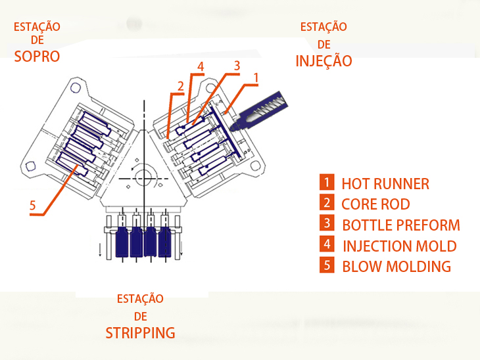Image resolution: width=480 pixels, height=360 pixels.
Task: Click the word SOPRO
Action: coord(37,56)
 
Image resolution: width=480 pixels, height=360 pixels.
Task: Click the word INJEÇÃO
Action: coord(324,61)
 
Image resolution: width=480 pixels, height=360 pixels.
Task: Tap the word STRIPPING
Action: coord(140,332)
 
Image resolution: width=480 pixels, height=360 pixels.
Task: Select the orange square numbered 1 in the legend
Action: coord(326,183)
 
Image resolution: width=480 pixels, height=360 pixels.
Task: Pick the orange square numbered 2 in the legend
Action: coord(326,203)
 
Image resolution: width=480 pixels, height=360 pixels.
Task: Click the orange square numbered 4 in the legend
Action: coord(326,245)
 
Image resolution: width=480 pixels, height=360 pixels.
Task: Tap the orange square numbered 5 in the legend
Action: coord(326,265)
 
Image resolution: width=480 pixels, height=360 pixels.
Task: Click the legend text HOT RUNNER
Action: coord(385,184)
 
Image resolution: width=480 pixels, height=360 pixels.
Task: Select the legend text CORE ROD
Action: coord(375,204)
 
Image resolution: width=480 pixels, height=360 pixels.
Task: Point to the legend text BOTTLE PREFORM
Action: coord(401,225)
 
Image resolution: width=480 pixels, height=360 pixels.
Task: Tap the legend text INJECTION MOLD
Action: coord(399,246)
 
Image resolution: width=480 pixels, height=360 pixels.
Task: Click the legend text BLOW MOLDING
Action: coord(396,267)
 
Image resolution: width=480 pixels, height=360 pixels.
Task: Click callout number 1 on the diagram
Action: coord(256,77)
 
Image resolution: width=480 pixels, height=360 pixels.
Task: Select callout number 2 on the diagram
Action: coord(180,86)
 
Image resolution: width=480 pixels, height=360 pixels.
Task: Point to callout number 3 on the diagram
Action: coord(237,65)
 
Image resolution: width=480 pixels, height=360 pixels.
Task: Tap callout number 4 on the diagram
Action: coord(200,66)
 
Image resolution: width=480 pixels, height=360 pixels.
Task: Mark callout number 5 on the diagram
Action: coord(32,206)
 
